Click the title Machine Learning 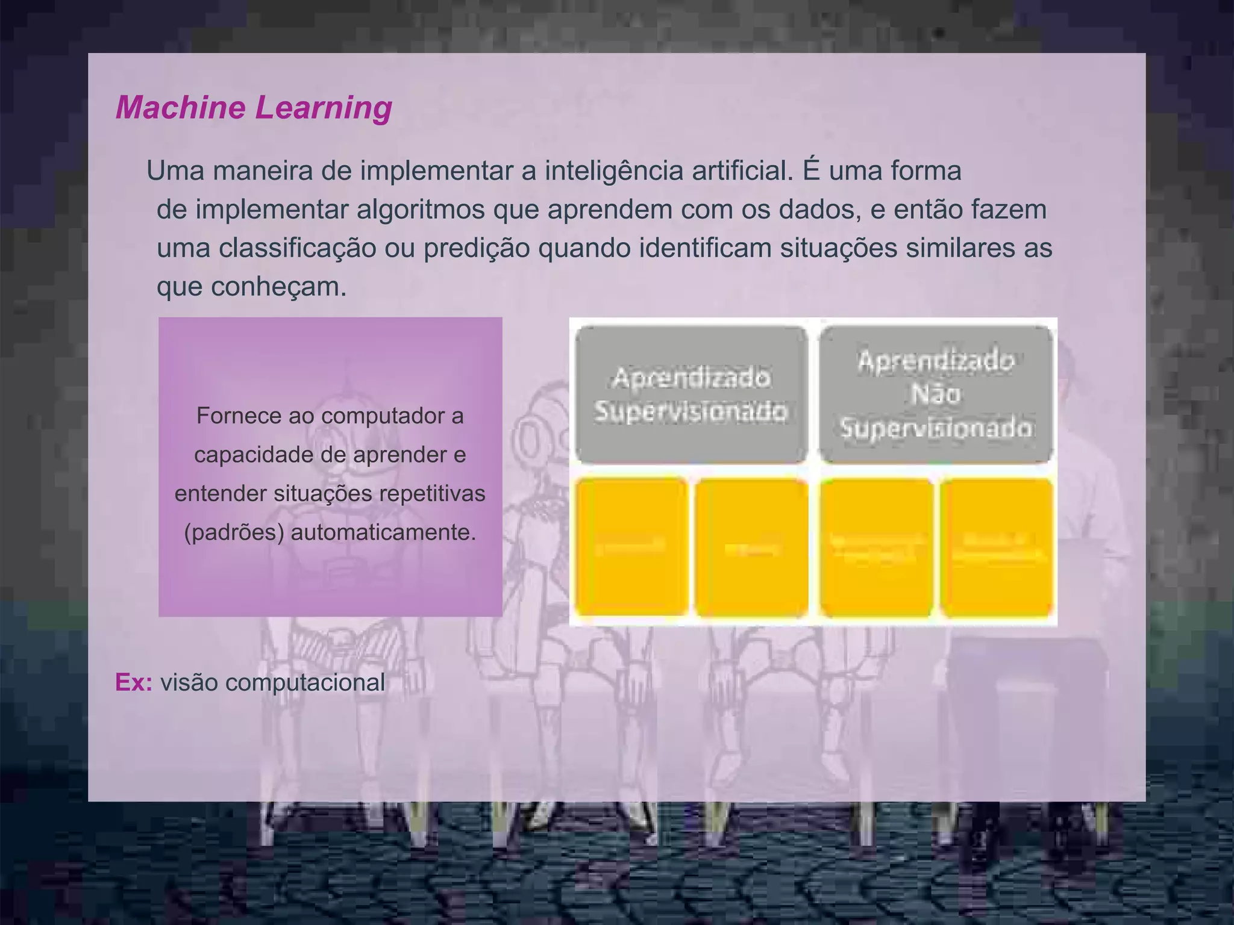[254, 108]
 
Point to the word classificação [297, 248]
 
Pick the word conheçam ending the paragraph [278, 287]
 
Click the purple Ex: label [134, 682]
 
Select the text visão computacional [272, 682]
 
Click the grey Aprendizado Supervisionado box [691, 394]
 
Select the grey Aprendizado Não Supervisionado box [936, 394]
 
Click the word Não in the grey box [936, 394]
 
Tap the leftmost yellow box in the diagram [631, 547]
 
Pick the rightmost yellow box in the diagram [997, 547]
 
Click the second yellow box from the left [751, 547]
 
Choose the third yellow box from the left [877, 547]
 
